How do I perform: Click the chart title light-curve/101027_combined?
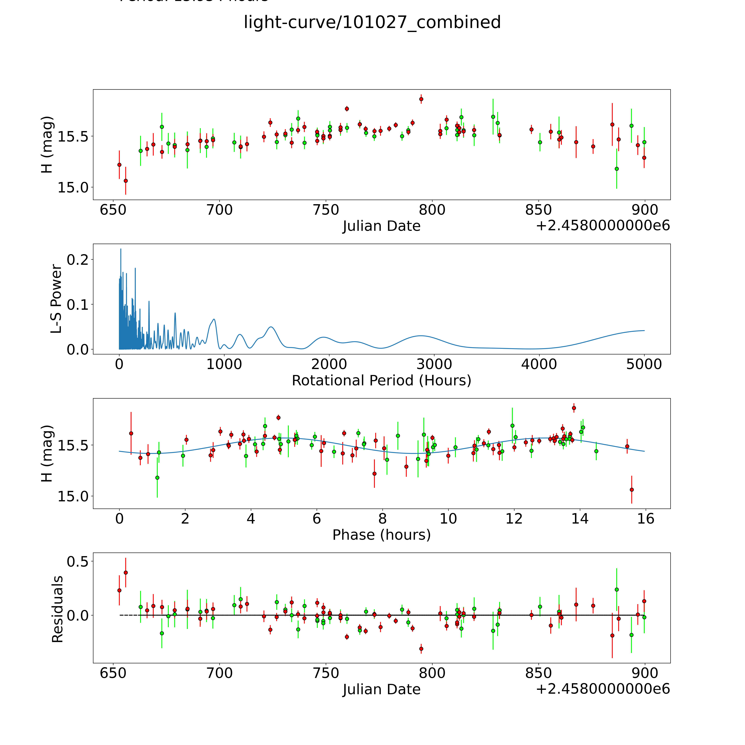[x=372, y=22]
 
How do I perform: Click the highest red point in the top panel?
[x=421, y=99]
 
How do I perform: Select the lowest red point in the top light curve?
[x=125, y=180]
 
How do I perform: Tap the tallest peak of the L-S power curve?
[x=121, y=249]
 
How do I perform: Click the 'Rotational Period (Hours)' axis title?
[x=381, y=381]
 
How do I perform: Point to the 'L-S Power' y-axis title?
[x=56, y=299]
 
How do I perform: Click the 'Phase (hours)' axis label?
[x=381, y=535]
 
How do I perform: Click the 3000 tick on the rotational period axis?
[x=434, y=364]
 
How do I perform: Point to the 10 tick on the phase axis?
[x=448, y=519]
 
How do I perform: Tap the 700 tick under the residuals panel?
[x=219, y=673]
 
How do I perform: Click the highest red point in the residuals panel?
[x=125, y=573]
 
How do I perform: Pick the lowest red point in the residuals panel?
[x=421, y=649]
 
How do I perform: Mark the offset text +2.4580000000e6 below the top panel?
[x=603, y=226]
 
